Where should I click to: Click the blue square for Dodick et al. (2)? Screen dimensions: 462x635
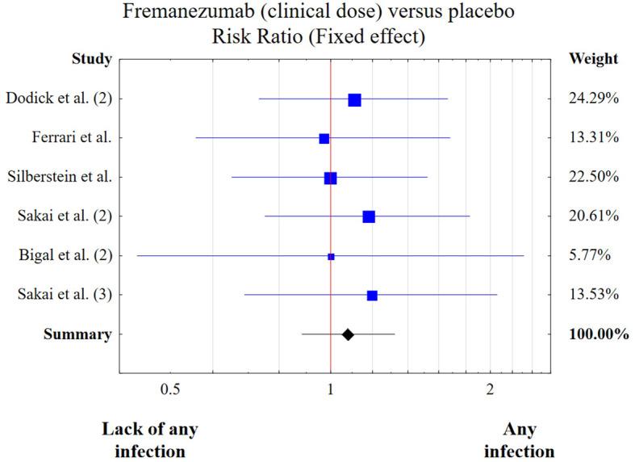click(x=354, y=99)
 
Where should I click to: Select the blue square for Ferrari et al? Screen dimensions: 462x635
click(x=324, y=139)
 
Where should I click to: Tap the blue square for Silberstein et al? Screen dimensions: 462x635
click(x=331, y=178)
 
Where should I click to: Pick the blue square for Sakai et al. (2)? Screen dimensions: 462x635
click(x=369, y=216)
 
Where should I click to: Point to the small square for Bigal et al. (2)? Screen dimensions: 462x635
click(x=331, y=256)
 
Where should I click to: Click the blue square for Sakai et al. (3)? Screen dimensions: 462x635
click(x=372, y=295)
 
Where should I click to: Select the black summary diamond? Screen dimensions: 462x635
click(x=348, y=334)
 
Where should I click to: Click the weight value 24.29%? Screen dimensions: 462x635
click(x=594, y=99)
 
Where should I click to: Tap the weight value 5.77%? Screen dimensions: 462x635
click(x=590, y=255)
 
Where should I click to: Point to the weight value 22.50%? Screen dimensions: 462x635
click(x=594, y=177)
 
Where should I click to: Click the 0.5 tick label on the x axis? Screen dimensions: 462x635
click(x=170, y=388)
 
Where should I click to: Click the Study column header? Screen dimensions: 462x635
click(x=91, y=59)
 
